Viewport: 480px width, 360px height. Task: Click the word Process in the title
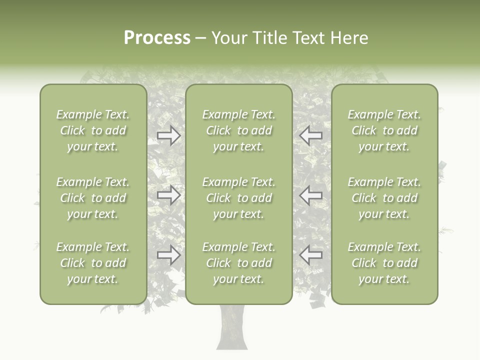[157, 38]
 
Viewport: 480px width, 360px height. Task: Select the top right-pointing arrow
[168, 135]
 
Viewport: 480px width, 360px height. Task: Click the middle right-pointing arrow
[168, 195]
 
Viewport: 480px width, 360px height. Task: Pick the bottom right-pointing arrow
[168, 255]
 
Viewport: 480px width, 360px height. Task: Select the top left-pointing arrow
[311, 135]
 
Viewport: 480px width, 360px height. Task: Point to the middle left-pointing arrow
[311, 195]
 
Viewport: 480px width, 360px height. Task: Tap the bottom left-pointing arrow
[311, 255]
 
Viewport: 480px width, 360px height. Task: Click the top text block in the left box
[93, 130]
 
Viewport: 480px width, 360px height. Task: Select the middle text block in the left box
[93, 198]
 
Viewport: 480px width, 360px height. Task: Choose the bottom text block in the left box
[93, 263]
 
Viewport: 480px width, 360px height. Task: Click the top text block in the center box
[239, 130]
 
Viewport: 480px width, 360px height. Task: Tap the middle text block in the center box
[239, 198]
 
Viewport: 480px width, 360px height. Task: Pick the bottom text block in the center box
[239, 263]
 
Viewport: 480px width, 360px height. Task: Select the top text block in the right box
[384, 130]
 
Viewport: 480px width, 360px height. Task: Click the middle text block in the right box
[384, 198]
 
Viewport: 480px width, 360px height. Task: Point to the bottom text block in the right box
[384, 263]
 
